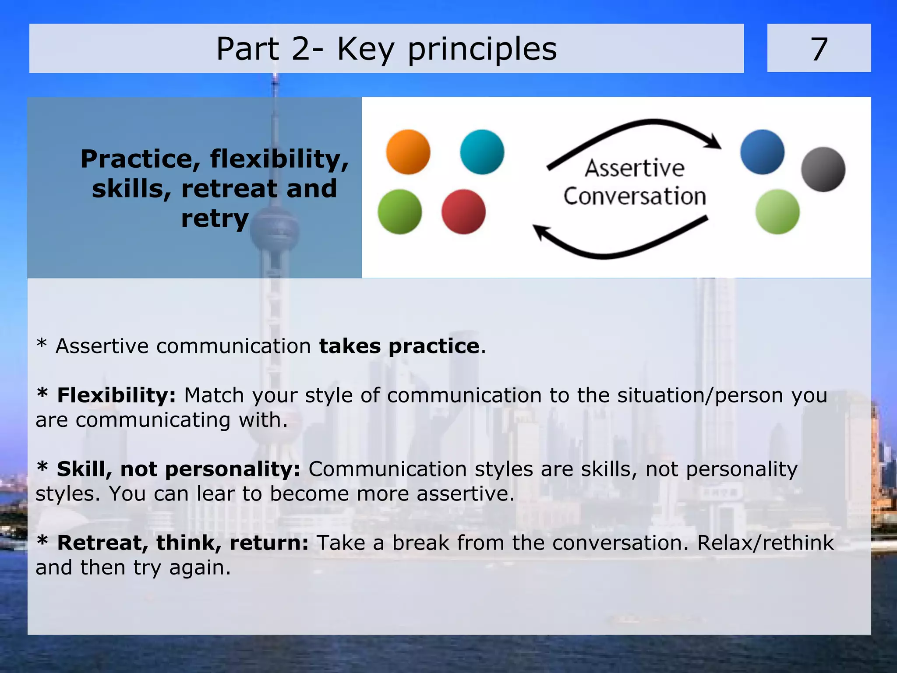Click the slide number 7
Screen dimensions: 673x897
click(x=819, y=49)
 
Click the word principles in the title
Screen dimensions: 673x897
click(x=482, y=49)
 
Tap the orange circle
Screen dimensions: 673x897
click(x=408, y=152)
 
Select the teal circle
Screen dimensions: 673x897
click(x=482, y=152)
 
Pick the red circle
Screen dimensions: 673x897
click(x=463, y=211)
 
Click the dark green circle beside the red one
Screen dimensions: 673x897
click(x=399, y=211)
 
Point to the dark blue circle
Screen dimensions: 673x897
click(x=762, y=152)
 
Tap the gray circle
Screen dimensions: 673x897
click(x=823, y=169)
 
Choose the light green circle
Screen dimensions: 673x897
click(x=777, y=211)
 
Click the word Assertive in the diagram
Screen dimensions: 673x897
click(x=634, y=168)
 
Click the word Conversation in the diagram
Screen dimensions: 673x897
click(x=634, y=196)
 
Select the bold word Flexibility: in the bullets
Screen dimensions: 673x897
click(x=116, y=395)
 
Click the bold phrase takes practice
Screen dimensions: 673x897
click(x=399, y=346)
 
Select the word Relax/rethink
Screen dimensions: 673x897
click(x=765, y=543)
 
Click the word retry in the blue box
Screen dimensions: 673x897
click(x=215, y=218)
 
